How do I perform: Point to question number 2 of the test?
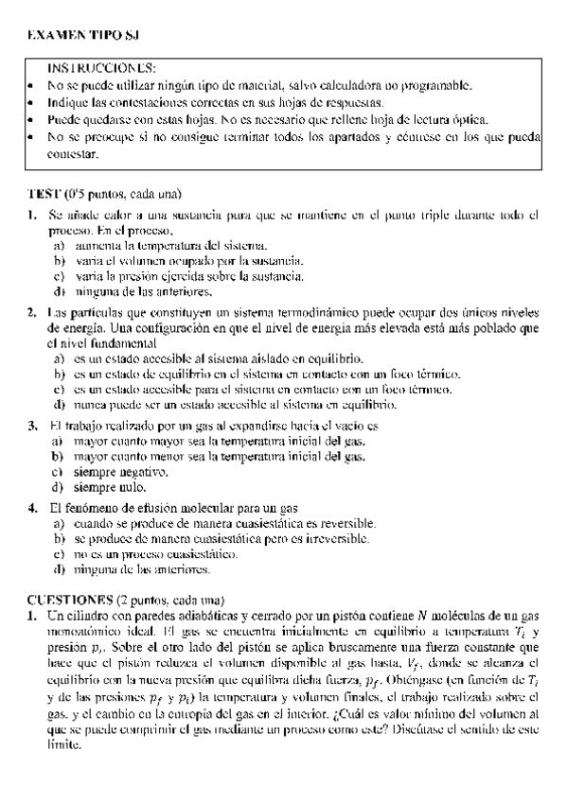[32, 312]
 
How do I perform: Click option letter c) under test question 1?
[59, 276]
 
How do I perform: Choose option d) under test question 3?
[59, 488]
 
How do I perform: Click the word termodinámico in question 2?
[313, 312]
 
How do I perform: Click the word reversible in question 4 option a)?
[342, 523]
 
